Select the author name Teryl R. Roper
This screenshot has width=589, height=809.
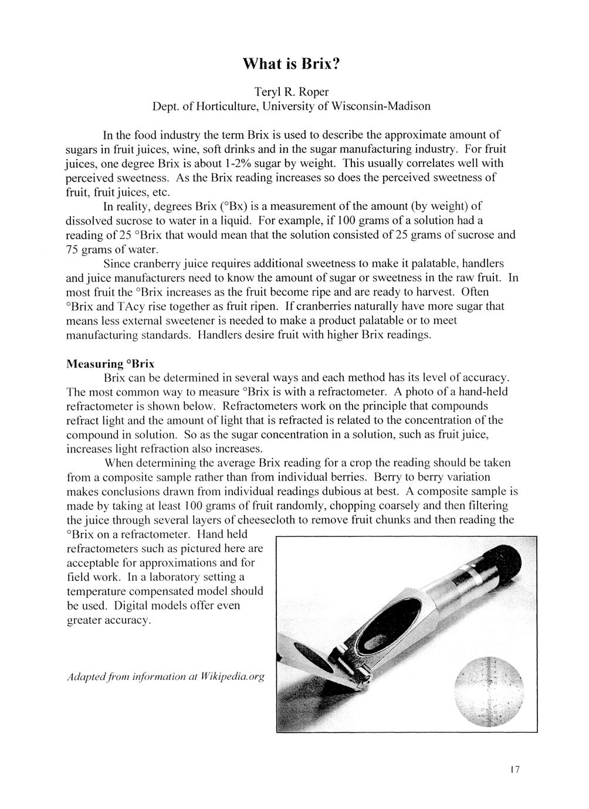pos(294,92)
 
